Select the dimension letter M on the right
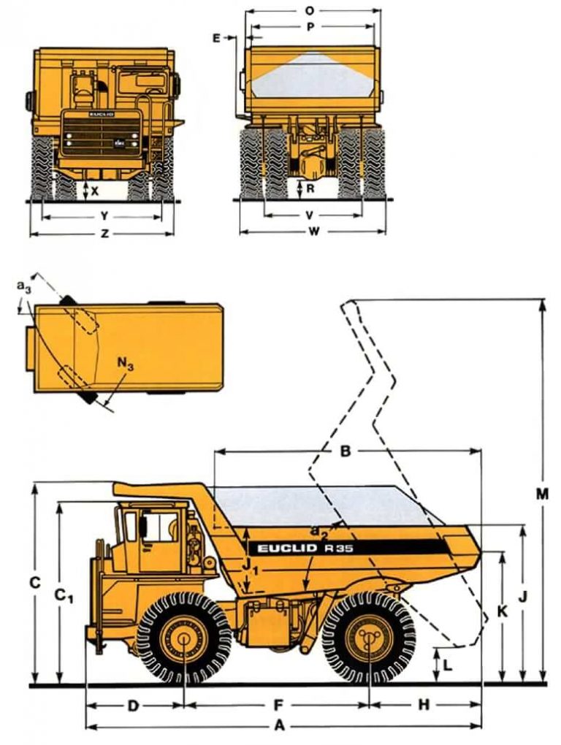click(x=541, y=494)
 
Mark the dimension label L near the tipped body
click(x=448, y=665)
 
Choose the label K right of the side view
click(x=502, y=611)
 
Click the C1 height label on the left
click(x=64, y=597)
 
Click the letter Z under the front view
click(x=104, y=234)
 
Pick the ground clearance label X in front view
click(x=95, y=191)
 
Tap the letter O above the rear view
click(x=310, y=10)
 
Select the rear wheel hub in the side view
click(x=368, y=637)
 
